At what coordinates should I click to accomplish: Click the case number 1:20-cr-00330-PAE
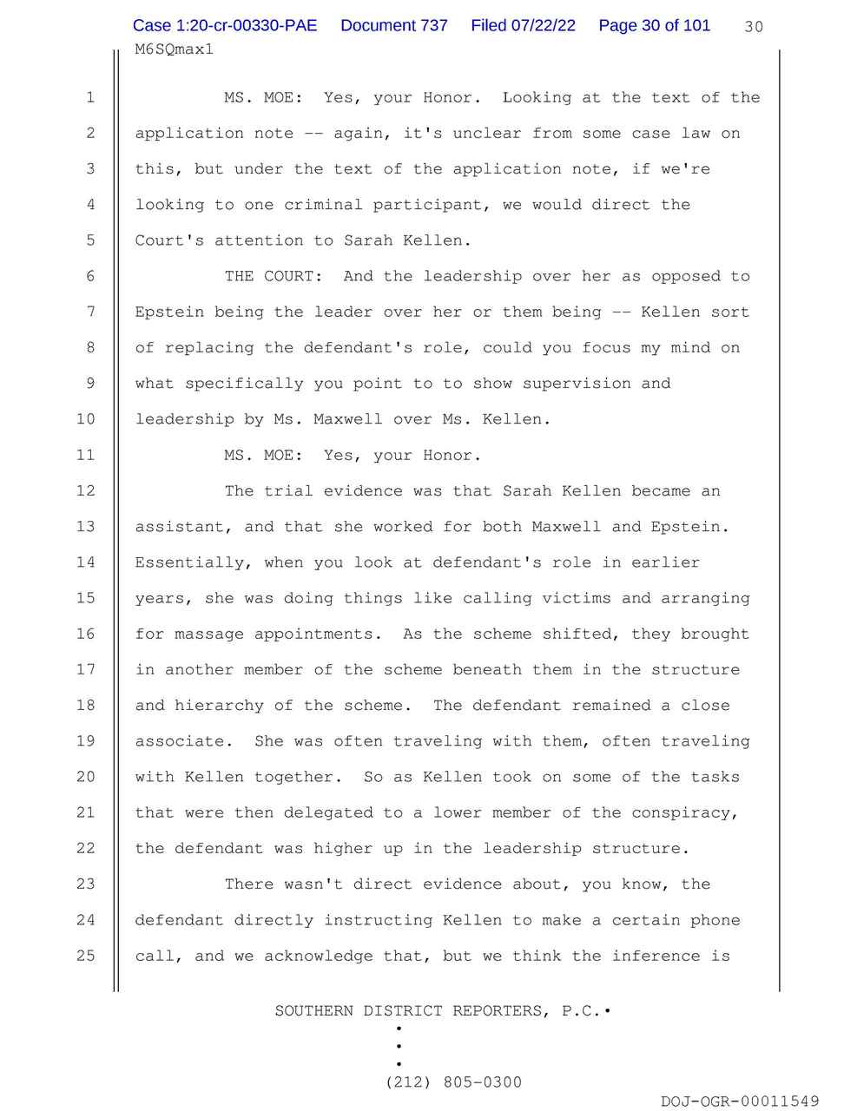point(225,26)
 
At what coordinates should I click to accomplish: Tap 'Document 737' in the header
point(393,26)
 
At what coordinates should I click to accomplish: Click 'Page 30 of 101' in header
point(654,26)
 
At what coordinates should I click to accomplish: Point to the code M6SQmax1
point(174,49)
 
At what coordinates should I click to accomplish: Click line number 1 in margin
point(90,98)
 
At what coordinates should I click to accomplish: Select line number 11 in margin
point(85,455)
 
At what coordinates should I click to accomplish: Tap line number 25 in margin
point(85,956)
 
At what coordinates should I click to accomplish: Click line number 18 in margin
point(85,705)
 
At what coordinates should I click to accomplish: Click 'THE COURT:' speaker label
point(274,276)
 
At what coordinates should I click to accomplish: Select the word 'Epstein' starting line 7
point(169,312)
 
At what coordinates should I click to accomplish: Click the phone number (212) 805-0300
point(454,1082)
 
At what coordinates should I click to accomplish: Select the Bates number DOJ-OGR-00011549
point(739,1101)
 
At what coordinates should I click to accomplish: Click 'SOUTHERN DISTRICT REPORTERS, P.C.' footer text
point(437,1011)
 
